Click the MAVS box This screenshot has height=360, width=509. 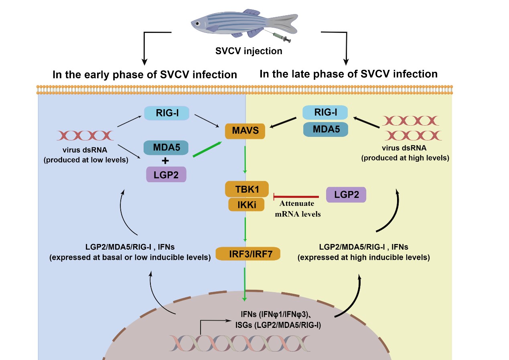[x=245, y=131]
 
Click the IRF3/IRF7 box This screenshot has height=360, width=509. [x=247, y=254]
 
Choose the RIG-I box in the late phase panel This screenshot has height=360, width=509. [x=325, y=113]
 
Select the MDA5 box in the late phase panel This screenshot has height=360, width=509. [x=325, y=129]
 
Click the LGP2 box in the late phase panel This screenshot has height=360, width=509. [x=346, y=195]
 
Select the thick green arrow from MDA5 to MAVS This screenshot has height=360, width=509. [x=207, y=149]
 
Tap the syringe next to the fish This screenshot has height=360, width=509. [x=282, y=38]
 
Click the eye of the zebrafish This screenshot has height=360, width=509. [x=197, y=24]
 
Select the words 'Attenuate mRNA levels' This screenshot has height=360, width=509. [x=298, y=209]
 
